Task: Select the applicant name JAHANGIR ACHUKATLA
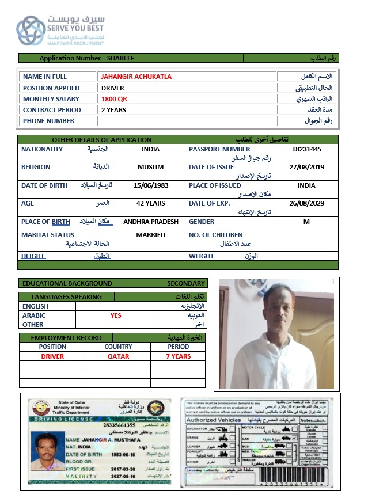(x=136, y=77)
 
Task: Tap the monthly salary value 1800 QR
(x=114, y=99)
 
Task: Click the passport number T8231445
(x=306, y=149)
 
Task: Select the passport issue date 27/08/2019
(x=306, y=167)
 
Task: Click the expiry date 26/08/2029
(x=306, y=203)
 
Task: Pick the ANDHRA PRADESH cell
(x=151, y=222)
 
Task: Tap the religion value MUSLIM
(x=151, y=167)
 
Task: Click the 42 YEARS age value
(x=151, y=203)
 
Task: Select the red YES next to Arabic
(x=116, y=315)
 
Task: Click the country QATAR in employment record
(x=118, y=356)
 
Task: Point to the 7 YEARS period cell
(x=179, y=356)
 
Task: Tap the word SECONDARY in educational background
(x=186, y=283)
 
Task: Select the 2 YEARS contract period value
(x=114, y=110)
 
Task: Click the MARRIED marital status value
(x=151, y=235)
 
